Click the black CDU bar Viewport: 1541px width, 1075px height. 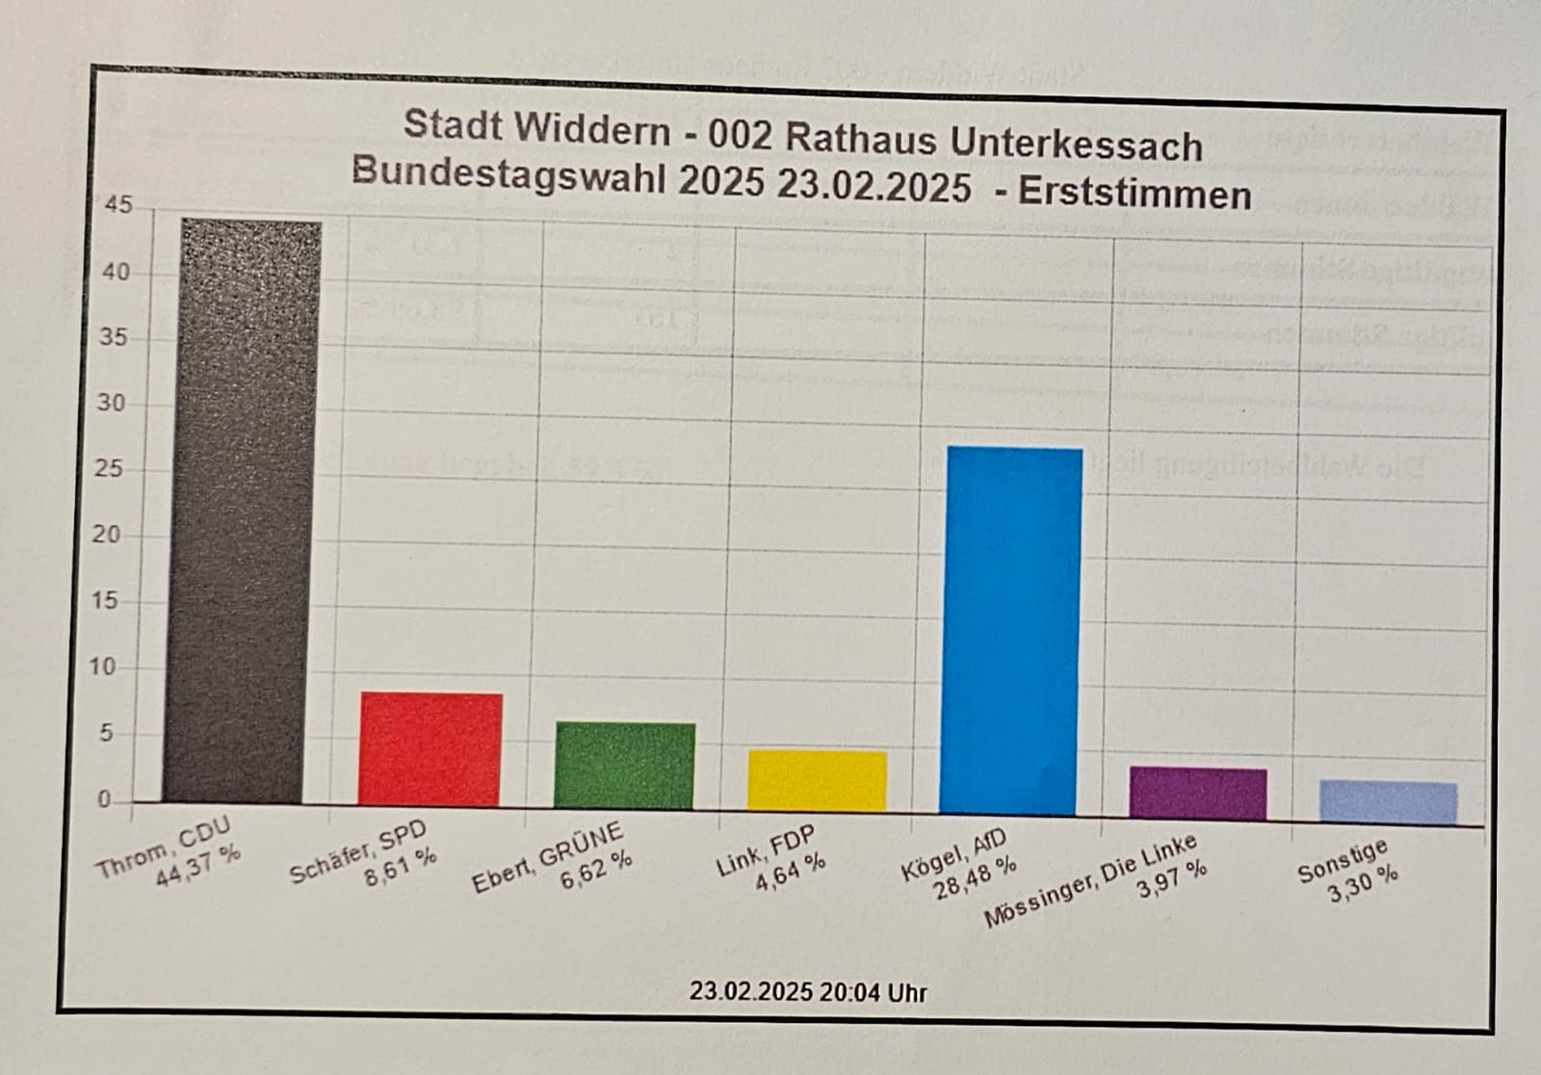pos(242,511)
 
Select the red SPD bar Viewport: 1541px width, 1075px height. pos(430,748)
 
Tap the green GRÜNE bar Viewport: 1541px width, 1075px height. pos(624,765)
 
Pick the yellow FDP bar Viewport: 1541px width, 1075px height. pos(817,780)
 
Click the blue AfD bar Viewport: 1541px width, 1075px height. pos(1010,631)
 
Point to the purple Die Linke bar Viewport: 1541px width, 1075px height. pos(1198,794)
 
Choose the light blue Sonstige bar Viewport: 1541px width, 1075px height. pos(1388,801)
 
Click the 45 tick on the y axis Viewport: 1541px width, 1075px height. pos(118,205)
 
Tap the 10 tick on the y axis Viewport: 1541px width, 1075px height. pos(102,667)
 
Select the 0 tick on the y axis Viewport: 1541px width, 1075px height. pos(104,800)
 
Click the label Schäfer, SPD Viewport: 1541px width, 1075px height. pos(357,853)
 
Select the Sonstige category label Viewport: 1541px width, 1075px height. pos(1342,859)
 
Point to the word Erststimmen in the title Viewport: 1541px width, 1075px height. pos(1135,195)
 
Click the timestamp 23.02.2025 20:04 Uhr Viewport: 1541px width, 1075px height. pos(807,992)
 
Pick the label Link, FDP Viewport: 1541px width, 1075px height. pos(765,852)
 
